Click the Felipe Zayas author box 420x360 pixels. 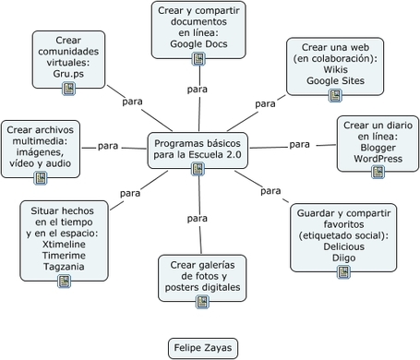tap(203, 348)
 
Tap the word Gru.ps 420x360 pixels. tap(68, 74)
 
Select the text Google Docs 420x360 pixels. tap(198, 44)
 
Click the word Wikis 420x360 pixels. tap(335, 69)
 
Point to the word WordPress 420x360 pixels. tap(378, 159)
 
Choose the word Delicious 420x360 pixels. tap(343, 246)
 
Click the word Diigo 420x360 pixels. tap(343, 258)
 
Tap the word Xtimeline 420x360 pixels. tap(64, 245)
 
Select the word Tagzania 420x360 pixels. tap(64, 267)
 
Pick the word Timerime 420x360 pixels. tap(64, 256)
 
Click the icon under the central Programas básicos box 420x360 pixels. tap(198, 169)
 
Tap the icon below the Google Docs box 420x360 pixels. tap(198, 59)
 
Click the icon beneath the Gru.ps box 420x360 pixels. tap(68, 89)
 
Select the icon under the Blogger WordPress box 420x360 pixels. tap(378, 172)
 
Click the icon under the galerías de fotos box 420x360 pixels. tap(202, 302)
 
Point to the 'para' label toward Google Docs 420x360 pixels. tap(198, 90)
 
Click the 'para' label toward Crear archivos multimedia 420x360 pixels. tap(108, 146)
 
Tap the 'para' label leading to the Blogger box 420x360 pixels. tap(299, 144)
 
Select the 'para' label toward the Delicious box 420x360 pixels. tap(270, 191)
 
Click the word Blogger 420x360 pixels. tap(378, 148)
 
